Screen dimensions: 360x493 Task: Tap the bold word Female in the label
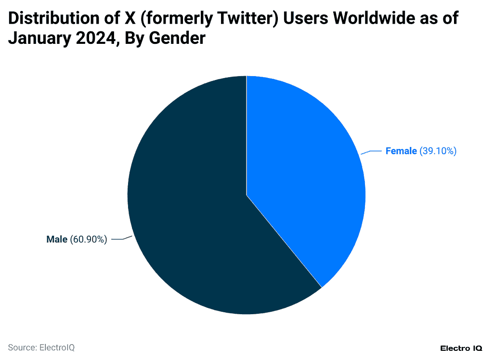point(401,151)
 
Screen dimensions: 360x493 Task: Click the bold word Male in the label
point(57,240)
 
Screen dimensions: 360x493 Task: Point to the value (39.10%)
point(438,151)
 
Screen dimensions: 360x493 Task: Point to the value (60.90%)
point(89,240)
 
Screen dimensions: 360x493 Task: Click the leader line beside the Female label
point(371,152)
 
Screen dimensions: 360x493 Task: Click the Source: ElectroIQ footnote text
point(41,347)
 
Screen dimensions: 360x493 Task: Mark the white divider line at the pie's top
point(246,120)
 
